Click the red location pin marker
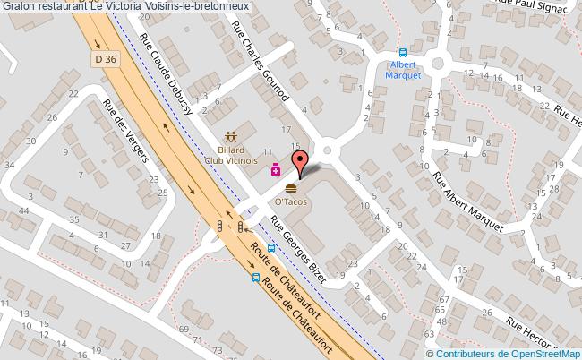point(302,164)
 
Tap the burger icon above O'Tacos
point(291,190)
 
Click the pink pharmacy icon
point(277,168)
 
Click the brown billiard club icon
point(231,138)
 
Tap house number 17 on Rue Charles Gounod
point(285,131)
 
